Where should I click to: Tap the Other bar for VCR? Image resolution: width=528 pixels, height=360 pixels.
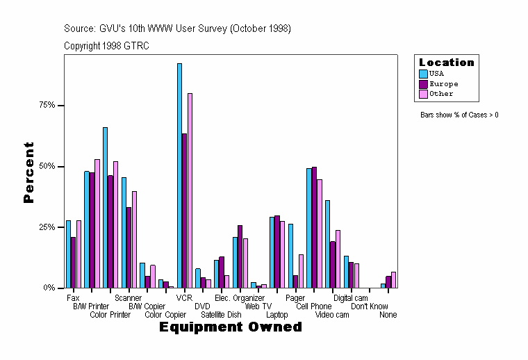tap(190, 190)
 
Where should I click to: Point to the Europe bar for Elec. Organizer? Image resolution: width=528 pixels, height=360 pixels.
tap(240, 256)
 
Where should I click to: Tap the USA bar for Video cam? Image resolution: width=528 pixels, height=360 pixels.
tap(327, 244)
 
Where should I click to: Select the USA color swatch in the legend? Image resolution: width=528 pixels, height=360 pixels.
tap(423, 73)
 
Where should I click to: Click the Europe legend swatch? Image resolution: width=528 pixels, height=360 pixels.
tap(423, 83)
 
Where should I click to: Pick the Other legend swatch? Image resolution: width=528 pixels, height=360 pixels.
tap(423, 94)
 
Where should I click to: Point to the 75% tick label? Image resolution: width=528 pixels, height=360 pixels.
tap(47, 106)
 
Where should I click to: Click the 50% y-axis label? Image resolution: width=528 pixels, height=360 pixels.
tap(47, 167)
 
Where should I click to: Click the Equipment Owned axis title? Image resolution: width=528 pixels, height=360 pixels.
tap(231, 327)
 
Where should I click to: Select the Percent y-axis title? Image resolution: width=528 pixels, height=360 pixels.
tap(28, 172)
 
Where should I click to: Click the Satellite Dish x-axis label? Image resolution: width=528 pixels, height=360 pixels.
tap(221, 315)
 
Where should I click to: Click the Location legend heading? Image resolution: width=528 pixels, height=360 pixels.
tap(446, 63)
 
